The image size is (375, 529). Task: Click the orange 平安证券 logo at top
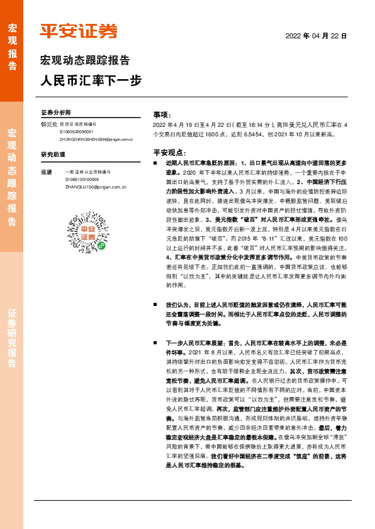[x=79, y=31]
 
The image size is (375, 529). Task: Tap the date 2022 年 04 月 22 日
[x=316, y=36]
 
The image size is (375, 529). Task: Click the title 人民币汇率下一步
[x=91, y=80]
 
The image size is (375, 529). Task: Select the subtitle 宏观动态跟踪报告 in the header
[x=85, y=61]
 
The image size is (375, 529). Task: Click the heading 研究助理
[x=53, y=155]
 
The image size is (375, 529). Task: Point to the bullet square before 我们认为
[x=156, y=305]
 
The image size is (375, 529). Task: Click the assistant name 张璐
[x=46, y=172]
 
